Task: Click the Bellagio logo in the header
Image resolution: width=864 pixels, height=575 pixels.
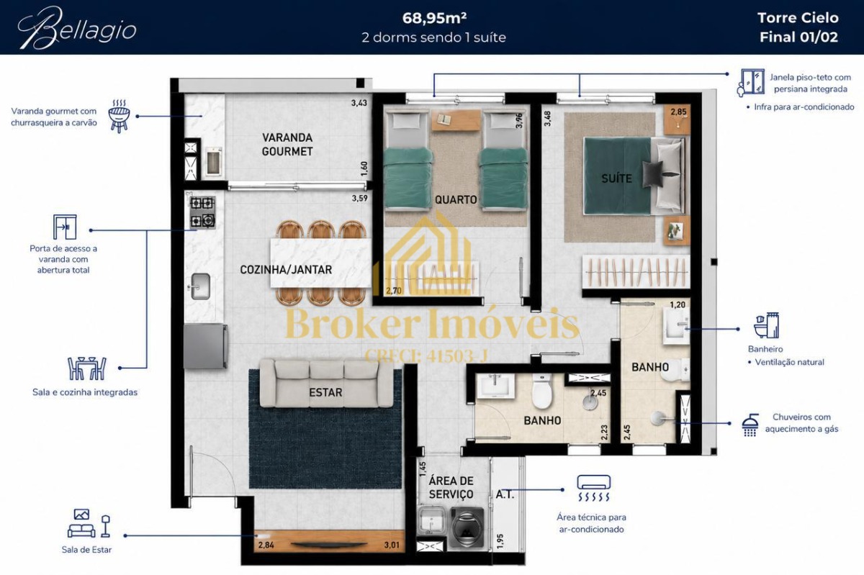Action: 77,29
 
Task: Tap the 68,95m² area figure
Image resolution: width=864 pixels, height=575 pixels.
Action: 434,18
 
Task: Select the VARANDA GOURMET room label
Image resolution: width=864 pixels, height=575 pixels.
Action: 287,145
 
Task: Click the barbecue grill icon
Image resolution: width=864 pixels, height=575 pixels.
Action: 120,116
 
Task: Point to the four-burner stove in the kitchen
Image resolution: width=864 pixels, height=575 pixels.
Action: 202,212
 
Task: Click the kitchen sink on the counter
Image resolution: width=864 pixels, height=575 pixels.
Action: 200,286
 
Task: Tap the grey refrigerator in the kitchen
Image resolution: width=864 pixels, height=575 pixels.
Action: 205,346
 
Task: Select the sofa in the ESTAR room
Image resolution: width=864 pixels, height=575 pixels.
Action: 326,384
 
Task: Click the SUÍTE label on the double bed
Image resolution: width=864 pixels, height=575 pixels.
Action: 616,178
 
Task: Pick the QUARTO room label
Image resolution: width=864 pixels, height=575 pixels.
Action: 456,200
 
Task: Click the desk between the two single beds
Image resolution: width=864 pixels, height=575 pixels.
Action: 456,120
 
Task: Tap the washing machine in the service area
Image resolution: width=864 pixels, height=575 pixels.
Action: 467,528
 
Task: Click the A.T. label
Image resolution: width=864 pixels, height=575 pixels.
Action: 505,494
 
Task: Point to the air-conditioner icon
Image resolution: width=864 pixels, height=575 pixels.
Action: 593,488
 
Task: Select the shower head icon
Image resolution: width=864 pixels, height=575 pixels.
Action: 750,425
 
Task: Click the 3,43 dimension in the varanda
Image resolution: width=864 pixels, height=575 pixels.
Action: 359,103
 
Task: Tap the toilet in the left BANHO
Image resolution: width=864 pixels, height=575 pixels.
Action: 542,391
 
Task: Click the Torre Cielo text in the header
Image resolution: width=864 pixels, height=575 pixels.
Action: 798,18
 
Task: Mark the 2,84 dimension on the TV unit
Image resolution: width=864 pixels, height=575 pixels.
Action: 266,545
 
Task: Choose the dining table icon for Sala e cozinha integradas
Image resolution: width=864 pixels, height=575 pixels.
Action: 87,368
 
